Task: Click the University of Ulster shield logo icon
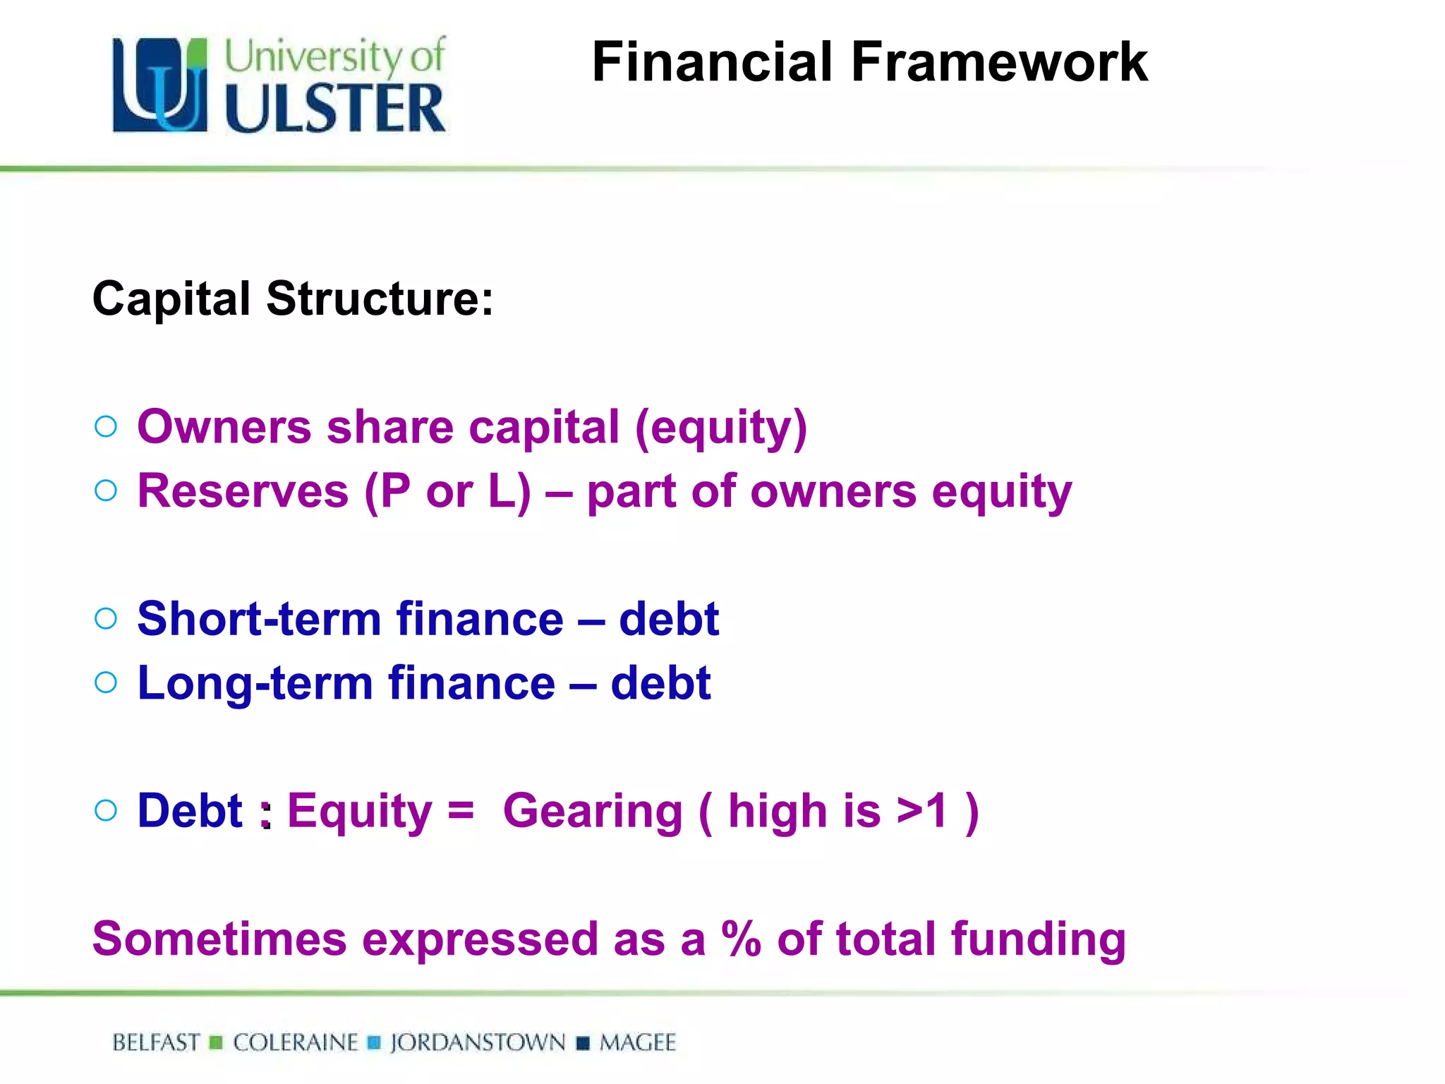pos(160,85)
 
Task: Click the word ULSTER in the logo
pos(335,108)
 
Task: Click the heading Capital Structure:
pos(293,299)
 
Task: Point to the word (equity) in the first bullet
pos(720,428)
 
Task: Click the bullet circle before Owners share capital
pos(106,426)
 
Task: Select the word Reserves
pos(243,491)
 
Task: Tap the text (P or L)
pos(447,491)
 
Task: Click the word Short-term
pos(259,619)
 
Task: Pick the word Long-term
pos(255,683)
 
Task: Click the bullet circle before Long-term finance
pos(106,682)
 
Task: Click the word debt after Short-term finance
pos(668,619)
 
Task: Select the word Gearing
pos(593,811)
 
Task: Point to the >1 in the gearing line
pos(921,811)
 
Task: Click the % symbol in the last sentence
pos(741,939)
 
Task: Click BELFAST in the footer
pos(156,1042)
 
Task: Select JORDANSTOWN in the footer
pos(478,1042)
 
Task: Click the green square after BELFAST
pos(217,1042)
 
